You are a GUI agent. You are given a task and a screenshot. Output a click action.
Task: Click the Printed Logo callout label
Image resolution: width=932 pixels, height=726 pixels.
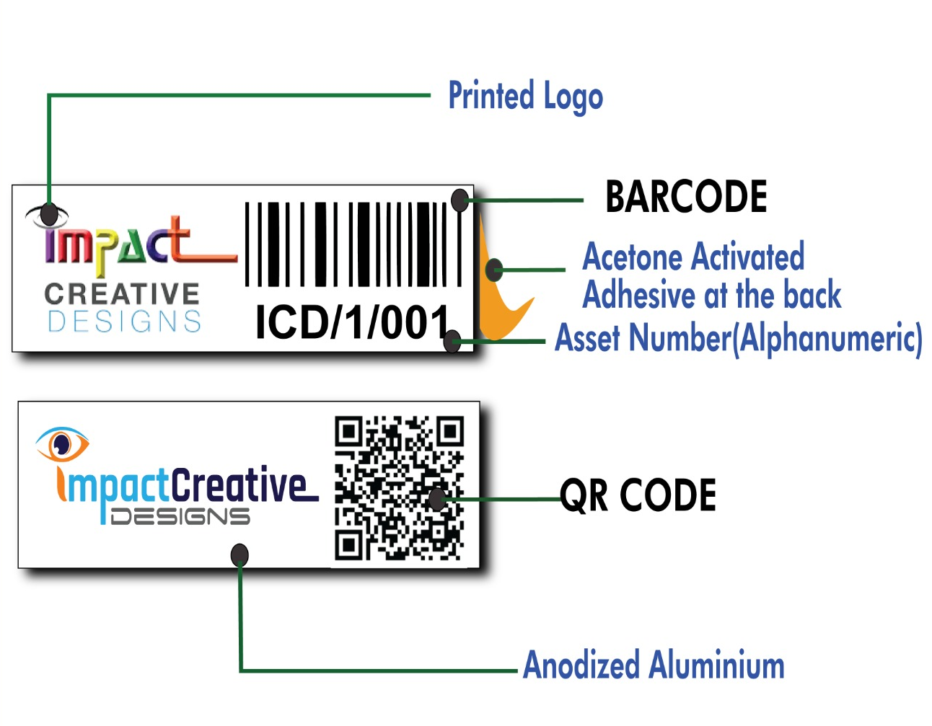525,97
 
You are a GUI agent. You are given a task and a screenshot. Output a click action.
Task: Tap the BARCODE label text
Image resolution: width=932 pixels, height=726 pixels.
686,197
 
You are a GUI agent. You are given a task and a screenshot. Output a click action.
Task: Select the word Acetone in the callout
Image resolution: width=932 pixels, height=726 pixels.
632,257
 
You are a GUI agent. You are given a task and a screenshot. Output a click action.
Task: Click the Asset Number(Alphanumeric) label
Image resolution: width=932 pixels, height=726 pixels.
738,338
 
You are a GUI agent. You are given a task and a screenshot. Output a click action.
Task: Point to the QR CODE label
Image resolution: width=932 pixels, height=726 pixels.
638,495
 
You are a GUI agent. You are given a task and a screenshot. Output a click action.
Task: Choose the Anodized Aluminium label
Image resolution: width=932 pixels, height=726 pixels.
654,665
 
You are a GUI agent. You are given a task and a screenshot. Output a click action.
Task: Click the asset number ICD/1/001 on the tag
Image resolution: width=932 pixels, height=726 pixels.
353,322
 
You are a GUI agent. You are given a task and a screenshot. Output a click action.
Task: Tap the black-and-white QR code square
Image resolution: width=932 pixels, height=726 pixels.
399,488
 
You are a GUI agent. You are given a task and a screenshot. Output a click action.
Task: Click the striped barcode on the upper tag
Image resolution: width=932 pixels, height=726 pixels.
353,244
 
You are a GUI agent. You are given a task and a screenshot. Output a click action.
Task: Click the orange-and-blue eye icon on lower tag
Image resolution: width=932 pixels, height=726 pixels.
63,443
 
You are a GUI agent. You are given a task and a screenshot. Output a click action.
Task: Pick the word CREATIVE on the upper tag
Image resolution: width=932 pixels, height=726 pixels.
122,294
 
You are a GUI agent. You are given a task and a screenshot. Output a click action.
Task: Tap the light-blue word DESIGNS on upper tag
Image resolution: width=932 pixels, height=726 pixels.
124,322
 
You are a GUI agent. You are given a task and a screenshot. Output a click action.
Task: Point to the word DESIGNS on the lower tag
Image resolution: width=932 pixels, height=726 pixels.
180,516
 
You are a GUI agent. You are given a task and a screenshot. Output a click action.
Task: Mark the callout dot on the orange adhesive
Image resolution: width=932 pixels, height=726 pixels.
494,270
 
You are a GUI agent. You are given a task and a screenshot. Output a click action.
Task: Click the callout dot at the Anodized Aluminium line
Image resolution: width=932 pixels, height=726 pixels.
239,555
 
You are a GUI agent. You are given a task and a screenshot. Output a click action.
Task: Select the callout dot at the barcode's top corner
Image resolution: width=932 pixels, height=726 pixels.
460,200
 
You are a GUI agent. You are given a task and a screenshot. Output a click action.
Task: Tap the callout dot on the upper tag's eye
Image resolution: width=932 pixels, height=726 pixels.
49,213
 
